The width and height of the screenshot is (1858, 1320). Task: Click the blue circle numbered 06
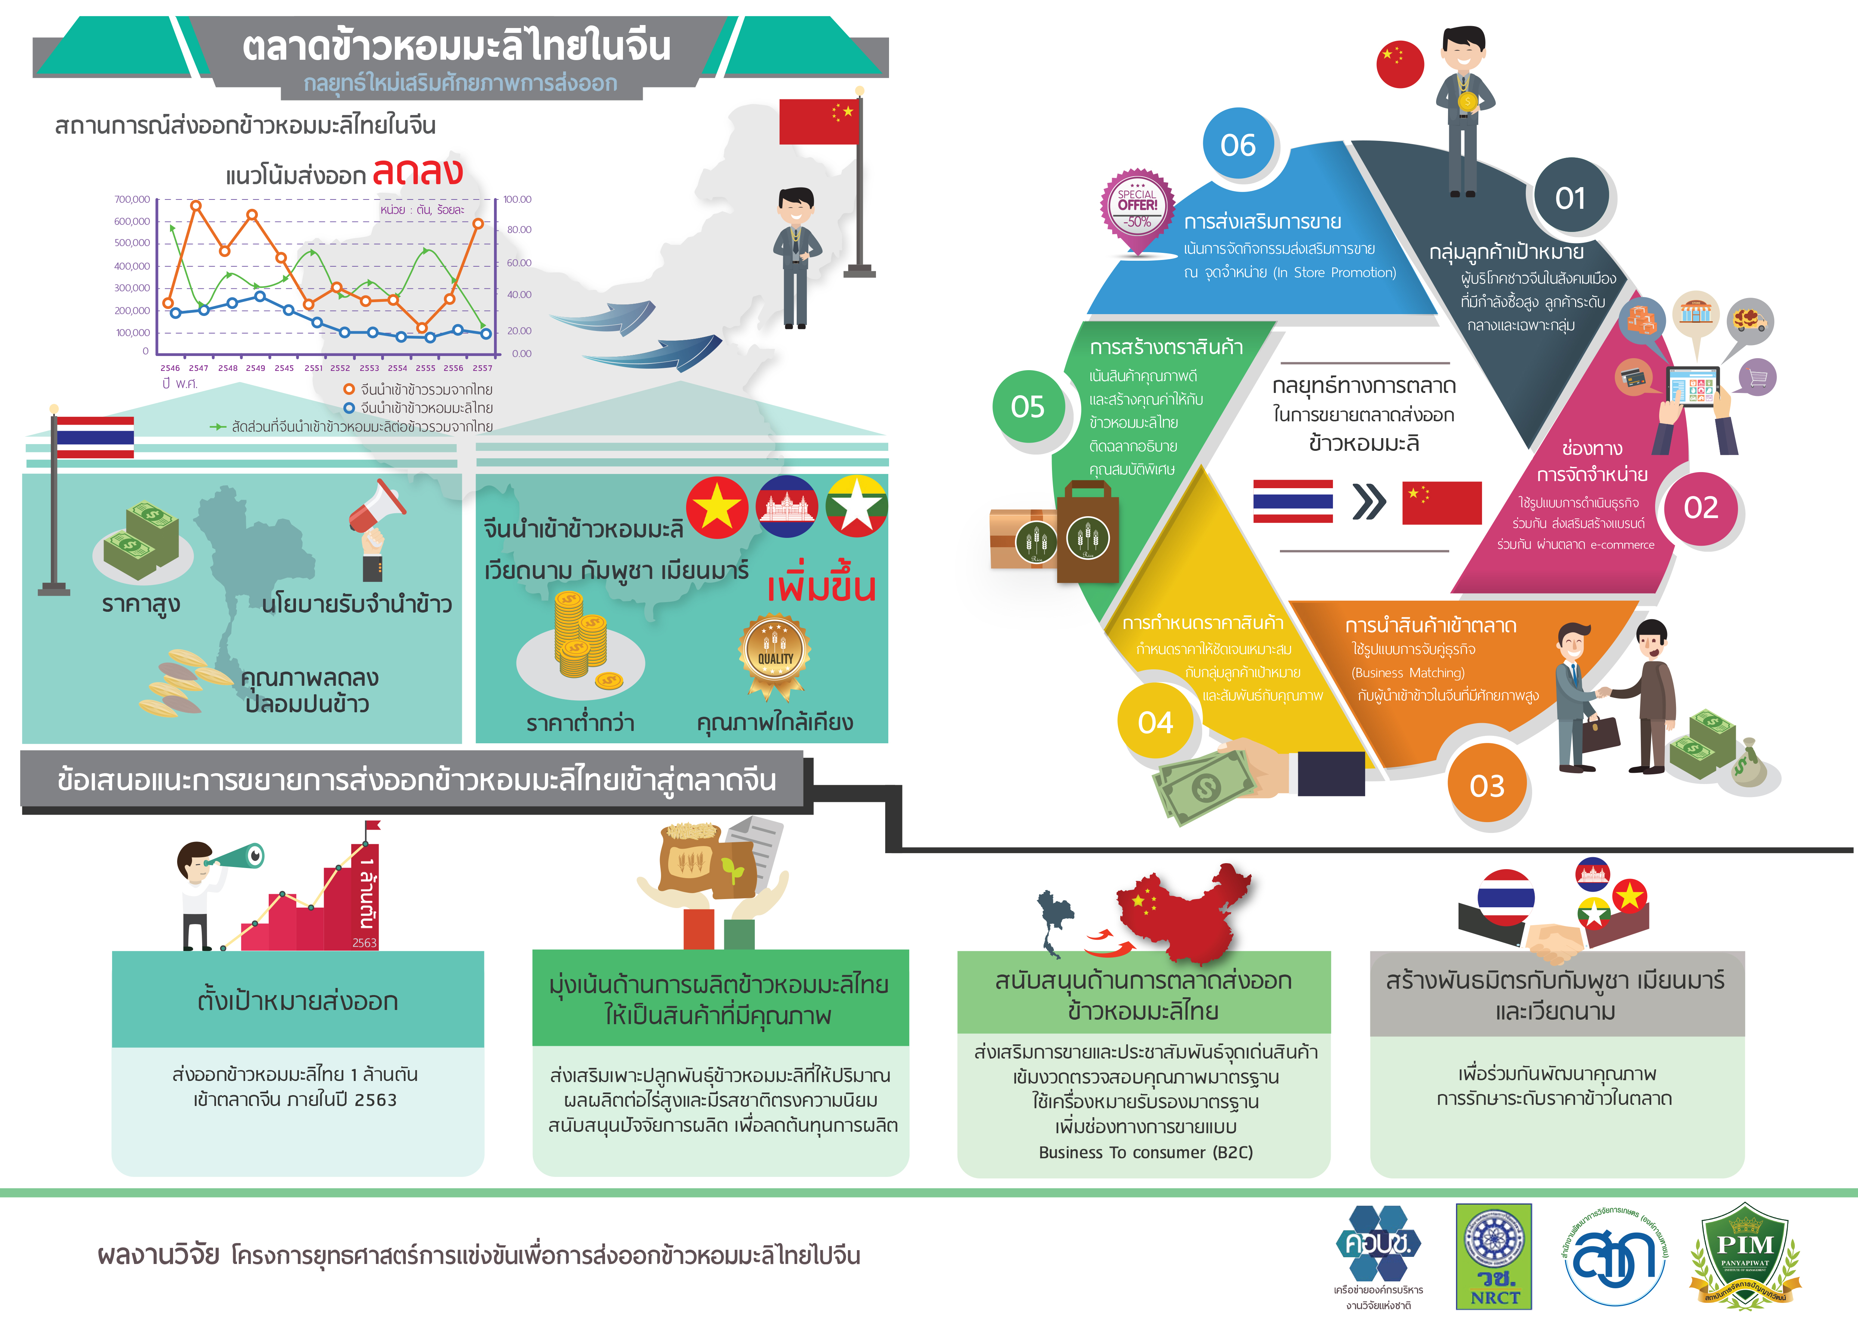(x=1238, y=146)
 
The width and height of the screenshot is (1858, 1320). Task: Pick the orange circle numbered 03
(x=1487, y=786)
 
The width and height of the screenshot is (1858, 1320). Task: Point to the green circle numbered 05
(x=1028, y=406)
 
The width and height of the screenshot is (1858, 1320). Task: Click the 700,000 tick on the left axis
(x=132, y=199)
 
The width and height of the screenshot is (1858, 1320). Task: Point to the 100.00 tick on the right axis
(x=517, y=199)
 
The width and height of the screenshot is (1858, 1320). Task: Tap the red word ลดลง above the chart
(x=417, y=171)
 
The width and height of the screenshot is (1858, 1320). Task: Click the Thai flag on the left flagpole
(x=94, y=437)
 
